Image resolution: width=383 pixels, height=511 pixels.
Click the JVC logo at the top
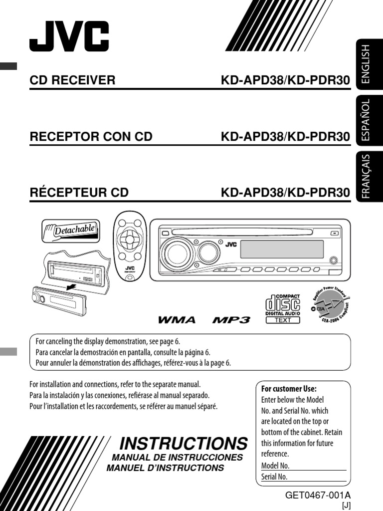coord(69,37)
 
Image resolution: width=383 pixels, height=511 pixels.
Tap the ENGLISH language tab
coord(366,63)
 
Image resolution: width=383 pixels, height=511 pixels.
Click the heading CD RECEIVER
coord(72,80)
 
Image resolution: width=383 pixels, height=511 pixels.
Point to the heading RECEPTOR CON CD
coord(91,136)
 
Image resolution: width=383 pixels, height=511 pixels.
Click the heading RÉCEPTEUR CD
coord(79,193)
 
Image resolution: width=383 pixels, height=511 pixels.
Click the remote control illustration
coord(130,247)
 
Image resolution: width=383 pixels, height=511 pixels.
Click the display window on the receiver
coord(282,249)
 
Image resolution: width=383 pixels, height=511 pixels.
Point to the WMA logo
coord(177,319)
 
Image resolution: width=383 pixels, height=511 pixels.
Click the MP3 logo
coord(231,319)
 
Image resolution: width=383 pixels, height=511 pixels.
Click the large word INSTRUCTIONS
coord(184,443)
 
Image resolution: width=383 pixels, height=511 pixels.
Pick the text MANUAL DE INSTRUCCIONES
coord(177,457)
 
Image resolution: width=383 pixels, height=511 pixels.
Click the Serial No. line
coord(303,477)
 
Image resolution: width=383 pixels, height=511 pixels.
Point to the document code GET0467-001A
coord(318,495)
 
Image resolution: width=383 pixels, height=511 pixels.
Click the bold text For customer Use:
coord(289,389)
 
